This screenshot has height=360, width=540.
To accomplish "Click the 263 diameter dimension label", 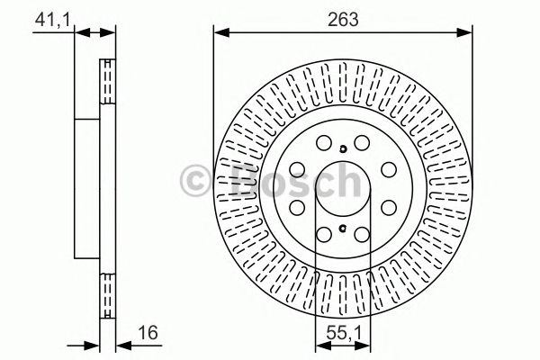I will [x=342, y=19].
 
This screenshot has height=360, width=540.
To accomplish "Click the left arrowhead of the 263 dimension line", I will [x=220, y=33].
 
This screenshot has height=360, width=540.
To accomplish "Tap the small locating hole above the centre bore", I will [x=344, y=149].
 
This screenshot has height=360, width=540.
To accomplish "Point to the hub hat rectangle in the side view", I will [x=88, y=188].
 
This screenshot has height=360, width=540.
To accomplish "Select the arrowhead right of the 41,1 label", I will [x=83, y=33].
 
